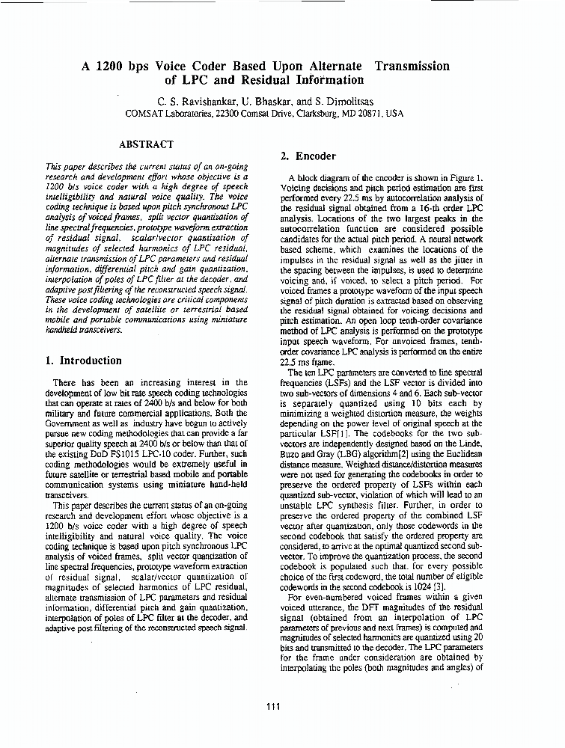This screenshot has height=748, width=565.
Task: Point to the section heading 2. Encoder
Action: [x=308, y=156]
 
